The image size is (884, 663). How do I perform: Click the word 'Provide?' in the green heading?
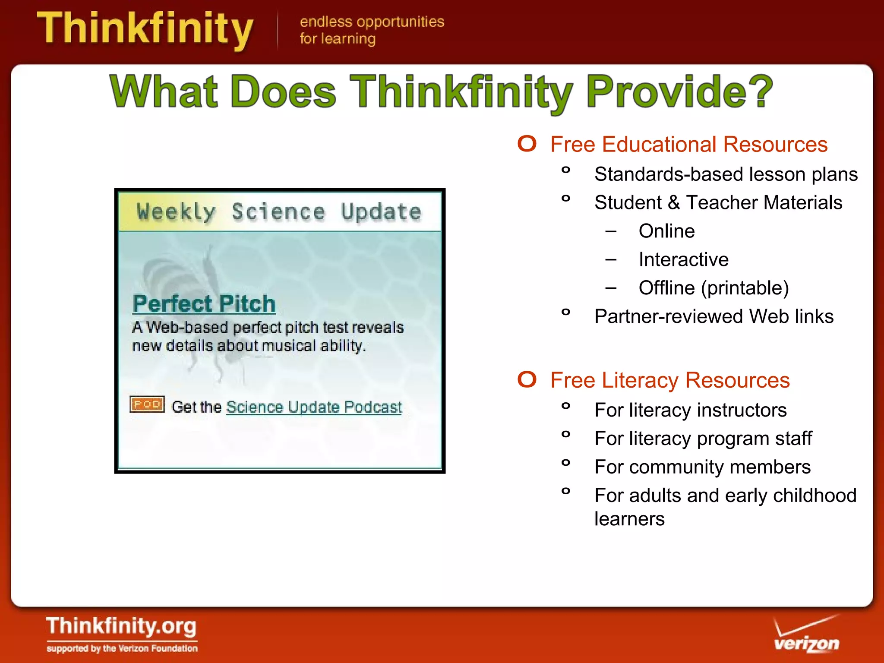pyautogui.click(x=679, y=92)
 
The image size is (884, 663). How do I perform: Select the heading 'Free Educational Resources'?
pyautogui.click(x=689, y=144)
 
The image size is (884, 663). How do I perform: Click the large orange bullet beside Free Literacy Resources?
pyautogui.click(x=527, y=379)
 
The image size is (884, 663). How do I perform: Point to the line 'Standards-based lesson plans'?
pyautogui.click(x=726, y=174)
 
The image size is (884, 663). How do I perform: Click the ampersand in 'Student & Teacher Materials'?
pyautogui.click(x=674, y=203)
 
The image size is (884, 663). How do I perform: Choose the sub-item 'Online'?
pyautogui.click(x=666, y=231)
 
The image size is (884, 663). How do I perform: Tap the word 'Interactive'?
pyautogui.click(x=683, y=259)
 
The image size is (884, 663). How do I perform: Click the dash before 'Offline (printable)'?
pyautogui.click(x=611, y=288)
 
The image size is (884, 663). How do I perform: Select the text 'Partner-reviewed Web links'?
pyautogui.click(x=714, y=316)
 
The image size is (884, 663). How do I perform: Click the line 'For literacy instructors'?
pyautogui.click(x=690, y=410)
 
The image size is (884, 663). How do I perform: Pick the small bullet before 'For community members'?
pyautogui.click(x=565, y=463)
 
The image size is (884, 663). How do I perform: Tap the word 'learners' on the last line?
pyautogui.click(x=629, y=519)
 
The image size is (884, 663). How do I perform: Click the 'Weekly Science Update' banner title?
pyautogui.click(x=279, y=212)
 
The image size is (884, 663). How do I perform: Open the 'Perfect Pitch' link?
pyautogui.click(x=204, y=303)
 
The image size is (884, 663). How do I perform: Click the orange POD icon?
pyautogui.click(x=147, y=404)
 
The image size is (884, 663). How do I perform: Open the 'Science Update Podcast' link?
pyautogui.click(x=314, y=407)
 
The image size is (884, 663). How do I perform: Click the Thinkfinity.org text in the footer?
pyautogui.click(x=121, y=626)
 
